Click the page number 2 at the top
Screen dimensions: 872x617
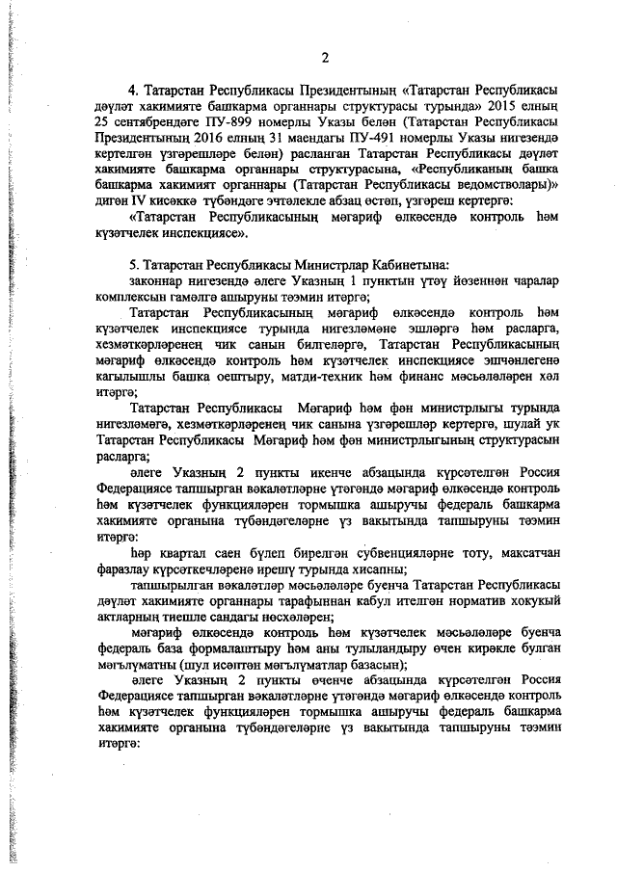(326, 59)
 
